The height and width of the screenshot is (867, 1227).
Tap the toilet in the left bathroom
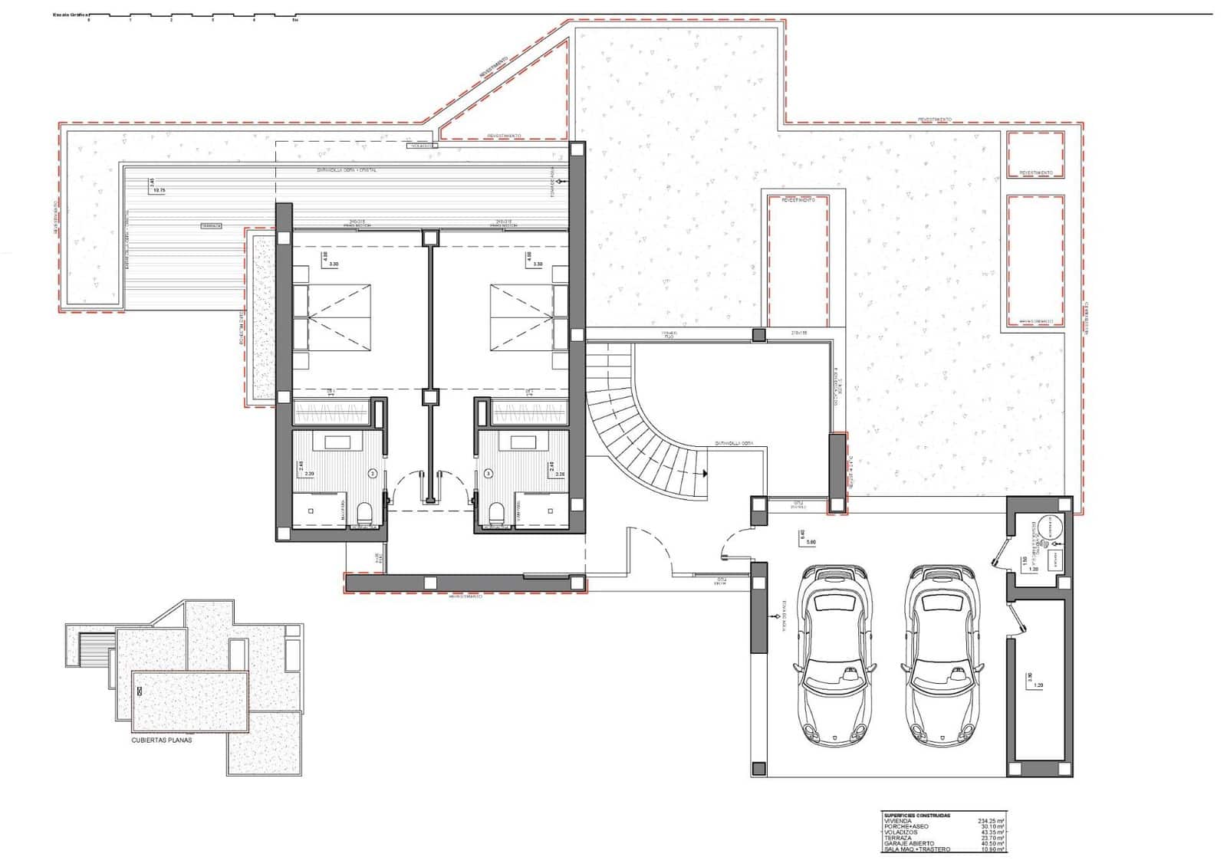pos(365,512)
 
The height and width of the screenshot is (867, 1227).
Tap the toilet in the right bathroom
pos(495,512)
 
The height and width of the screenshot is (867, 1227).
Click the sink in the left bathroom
pos(337,442)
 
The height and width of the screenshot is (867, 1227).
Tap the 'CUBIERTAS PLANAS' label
pos(162,741)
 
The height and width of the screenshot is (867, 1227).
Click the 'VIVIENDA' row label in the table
pos(898,820)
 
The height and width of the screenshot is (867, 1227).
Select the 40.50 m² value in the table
pos(991,843)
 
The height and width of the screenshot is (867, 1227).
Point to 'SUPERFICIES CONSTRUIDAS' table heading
pos(917,815)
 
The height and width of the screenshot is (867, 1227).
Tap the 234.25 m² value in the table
pos(991,820)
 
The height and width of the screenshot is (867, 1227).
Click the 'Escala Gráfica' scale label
pos(67,15)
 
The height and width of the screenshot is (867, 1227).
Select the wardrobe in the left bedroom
pos(333,414)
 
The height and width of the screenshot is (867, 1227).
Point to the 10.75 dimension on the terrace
pos(160,189)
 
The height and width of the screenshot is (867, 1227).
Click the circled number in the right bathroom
pos(488,474)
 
